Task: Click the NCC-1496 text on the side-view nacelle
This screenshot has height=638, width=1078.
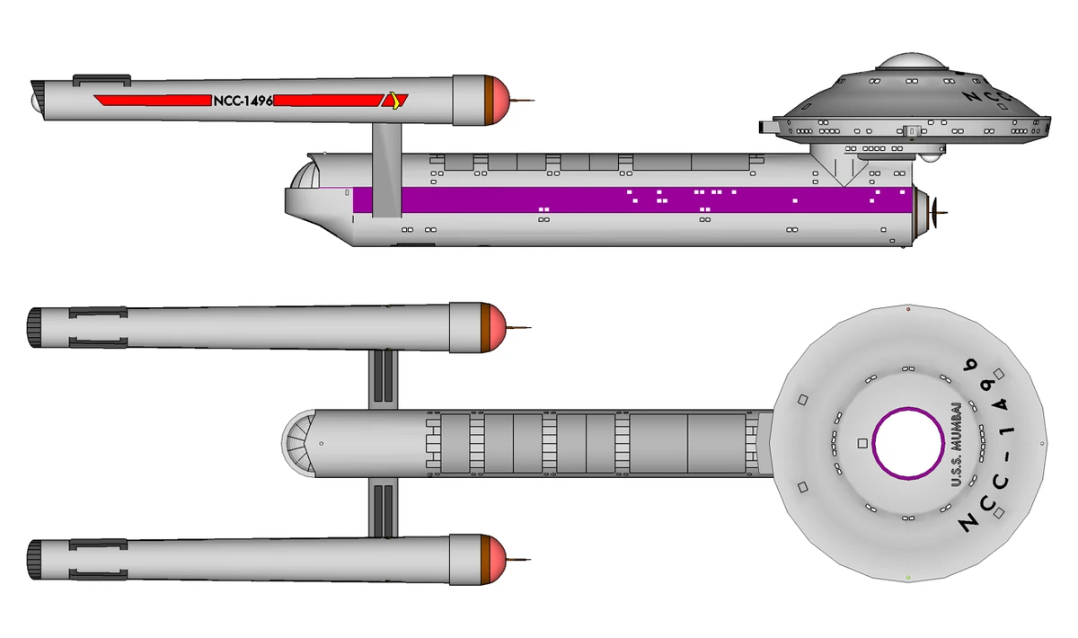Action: pyautogui.click(x=243, y=101)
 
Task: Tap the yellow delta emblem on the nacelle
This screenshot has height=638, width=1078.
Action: pyautogui.click(x=393, y=100)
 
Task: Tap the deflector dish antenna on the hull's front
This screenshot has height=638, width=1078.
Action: pyautogui.click(x=939, y=213)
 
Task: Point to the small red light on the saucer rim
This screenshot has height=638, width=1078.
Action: pyautogui.click(x=909, y=310)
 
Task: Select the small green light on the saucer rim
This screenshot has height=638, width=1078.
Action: pyautogui.click(x=909, y=576)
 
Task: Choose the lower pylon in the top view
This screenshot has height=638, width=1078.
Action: pyautogui.click(x=384, y=509)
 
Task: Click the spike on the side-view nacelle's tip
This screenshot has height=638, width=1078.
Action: pyautogui.click(x=525, y=100)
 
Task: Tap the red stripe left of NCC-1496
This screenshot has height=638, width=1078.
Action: pyautogui.click(x=150, y=101)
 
